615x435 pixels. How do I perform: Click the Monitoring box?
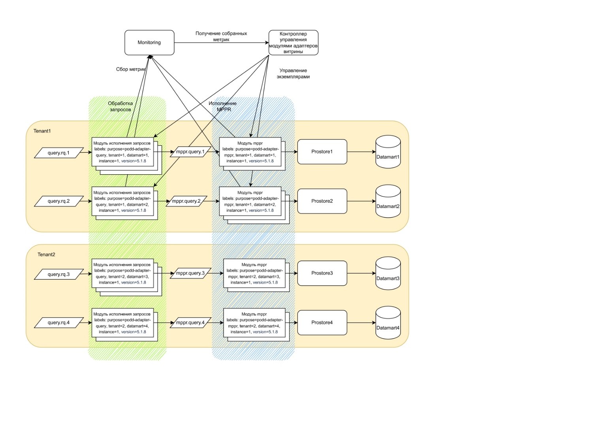(x=149, y=43)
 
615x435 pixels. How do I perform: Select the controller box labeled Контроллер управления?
(x=293, y=43)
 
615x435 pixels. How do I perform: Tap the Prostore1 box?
(x=322, y=152)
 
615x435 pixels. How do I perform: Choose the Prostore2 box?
(x=322, y=201)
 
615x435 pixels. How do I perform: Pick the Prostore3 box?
(x=322, y=273)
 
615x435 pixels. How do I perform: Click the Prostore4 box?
(x=322, y=322)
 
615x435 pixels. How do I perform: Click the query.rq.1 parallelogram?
(x=59, y=153)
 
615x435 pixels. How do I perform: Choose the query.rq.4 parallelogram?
(x=59, y=322)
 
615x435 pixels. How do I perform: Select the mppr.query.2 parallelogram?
(x=186, y=201)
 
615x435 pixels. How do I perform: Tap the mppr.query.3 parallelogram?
(x=190, y=273)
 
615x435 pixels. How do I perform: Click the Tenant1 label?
(x=42, y=131)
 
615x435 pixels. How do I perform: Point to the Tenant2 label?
(x=46, y=254)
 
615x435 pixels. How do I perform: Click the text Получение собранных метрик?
(x=221, y=36)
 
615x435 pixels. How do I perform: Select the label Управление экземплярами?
(x=293, y=73)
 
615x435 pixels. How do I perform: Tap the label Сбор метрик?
(x=131, y=69)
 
